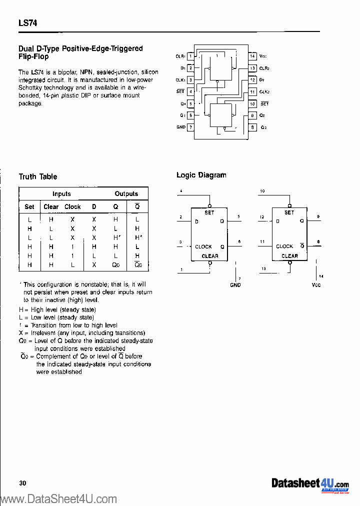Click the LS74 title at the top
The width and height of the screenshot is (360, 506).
[x=28, y=23]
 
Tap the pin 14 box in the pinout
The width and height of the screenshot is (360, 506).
[x=252, y=56]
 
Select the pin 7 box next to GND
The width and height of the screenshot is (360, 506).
[x=190, y=127]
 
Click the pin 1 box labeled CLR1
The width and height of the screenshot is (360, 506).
[x=190, y=56]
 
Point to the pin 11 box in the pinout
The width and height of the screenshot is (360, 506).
[x=252, y=92]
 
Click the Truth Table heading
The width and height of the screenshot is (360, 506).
[x=38, y=176]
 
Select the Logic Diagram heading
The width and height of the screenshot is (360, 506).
[x=201, y=175]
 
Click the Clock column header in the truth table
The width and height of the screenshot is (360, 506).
[x=72, y=206]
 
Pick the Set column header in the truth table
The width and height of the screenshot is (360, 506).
[x=29, y=206]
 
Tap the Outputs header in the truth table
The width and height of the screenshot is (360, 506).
[x=126, y=194]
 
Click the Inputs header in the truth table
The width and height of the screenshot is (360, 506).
[x=61, y=194]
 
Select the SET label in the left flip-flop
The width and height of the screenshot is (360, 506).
[x=209, y=212]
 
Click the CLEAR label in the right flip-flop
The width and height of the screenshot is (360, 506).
[x=289, y=256]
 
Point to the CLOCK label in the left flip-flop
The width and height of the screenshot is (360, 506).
[x=203, y=246]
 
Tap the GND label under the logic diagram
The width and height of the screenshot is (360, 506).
[x=235, y=285]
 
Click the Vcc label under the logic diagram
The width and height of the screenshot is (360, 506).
[x=315, y=285]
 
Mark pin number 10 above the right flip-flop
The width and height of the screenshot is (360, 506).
[x=262, y=191]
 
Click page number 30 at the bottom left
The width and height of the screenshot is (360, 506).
[x=22, y=482]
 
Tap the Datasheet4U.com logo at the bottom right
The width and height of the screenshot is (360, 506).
[x=310, y=484]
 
